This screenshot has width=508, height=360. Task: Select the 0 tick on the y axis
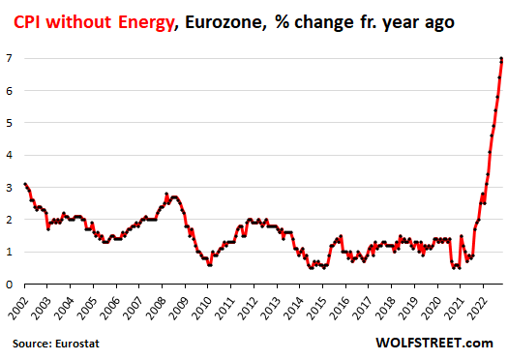coord(9,285)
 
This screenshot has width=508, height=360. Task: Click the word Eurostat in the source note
coord(80,344)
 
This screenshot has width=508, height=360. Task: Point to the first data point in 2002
coord(24,184)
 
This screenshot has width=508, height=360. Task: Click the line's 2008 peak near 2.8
coord(166,194)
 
